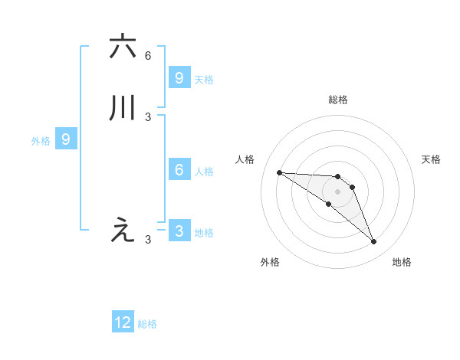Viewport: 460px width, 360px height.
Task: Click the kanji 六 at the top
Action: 123,46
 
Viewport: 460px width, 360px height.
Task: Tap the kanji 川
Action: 123,108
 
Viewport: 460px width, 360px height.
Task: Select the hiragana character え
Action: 123,230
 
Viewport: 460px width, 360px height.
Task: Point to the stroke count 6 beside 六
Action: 148,56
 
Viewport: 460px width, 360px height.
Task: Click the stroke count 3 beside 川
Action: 148,117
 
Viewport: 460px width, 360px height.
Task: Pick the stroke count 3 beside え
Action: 148,240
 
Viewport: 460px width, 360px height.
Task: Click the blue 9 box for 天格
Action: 179,77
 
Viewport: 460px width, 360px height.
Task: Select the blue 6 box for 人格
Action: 179,170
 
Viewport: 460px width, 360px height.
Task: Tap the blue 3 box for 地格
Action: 179,231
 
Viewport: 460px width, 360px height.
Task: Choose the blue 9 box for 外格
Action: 66,139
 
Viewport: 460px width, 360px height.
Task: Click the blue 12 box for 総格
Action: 123,322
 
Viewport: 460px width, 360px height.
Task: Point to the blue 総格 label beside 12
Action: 147,324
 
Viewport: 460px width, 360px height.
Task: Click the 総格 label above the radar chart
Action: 337,100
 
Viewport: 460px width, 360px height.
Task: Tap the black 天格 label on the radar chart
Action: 432,159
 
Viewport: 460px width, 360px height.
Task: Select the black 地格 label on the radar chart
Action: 402,262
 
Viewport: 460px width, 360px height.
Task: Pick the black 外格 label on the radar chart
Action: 270,262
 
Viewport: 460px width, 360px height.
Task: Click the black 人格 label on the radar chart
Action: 245,159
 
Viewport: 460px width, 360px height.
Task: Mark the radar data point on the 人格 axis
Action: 279,172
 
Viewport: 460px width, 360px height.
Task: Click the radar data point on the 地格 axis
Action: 373,242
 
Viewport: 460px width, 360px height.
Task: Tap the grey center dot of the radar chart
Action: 337,191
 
